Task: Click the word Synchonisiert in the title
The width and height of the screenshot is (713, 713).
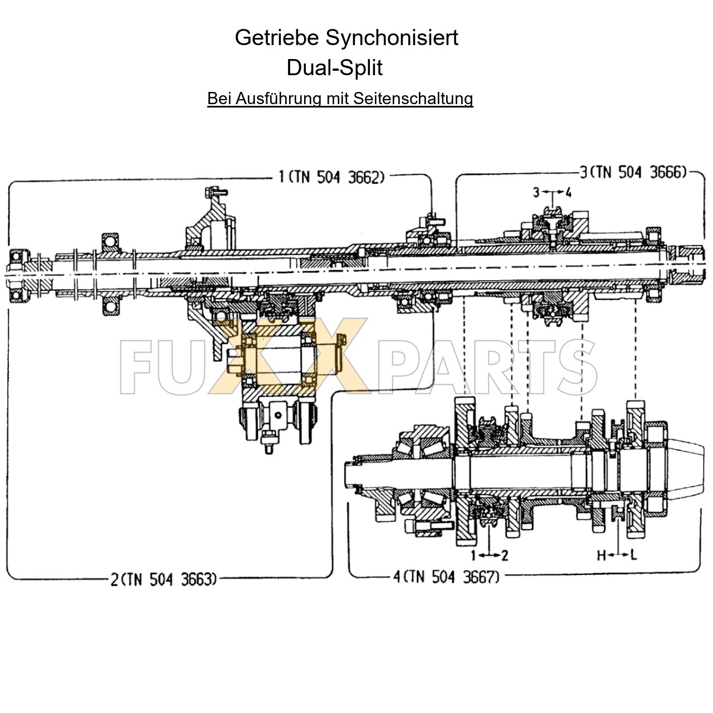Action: [x=392, y=38]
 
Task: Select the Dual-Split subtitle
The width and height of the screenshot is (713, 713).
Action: [x=334, y=68]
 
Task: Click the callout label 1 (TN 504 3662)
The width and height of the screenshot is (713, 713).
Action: [x=331, y=178]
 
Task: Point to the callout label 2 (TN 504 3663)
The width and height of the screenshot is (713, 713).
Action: [x=163, y=580]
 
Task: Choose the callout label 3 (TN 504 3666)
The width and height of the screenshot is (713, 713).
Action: [x=633, y=172]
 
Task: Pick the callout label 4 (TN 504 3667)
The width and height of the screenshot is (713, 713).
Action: [x=446, y=577]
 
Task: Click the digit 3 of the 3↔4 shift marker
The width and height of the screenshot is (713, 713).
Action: [x=536, y=193]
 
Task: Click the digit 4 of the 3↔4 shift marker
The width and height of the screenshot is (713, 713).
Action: [x=568, y=193]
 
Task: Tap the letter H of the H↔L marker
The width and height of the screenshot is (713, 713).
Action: [x=602, y=555]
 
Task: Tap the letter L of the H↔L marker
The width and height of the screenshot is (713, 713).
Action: [x=634, y=555]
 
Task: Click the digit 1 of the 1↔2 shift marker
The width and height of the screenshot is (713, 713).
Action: [x=473, y=555]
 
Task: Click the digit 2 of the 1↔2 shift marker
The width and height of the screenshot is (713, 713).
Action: [x=505, y=555]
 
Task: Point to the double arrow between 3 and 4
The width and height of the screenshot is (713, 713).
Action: [x=552, y=193]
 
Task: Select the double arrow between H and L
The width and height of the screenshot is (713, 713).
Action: [x=618, y=555]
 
